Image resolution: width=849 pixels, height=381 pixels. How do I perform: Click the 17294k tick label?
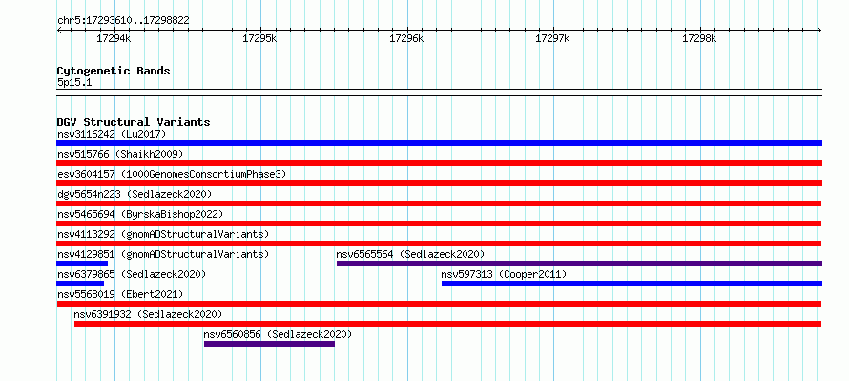114,38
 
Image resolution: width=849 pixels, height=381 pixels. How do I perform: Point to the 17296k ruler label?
406,38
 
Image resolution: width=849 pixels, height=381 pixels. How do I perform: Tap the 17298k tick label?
699,38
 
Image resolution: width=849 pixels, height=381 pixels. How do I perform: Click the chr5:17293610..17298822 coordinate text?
123,21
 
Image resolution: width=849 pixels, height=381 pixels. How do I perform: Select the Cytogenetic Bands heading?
114,71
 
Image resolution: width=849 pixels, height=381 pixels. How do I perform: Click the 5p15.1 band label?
73,83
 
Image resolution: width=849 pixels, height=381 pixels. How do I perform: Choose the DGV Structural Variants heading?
134,122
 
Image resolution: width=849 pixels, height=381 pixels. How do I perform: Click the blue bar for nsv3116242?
439,143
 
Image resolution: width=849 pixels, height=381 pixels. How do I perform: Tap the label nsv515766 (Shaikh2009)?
120,154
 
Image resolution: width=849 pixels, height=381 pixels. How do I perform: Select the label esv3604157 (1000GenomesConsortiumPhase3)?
172,174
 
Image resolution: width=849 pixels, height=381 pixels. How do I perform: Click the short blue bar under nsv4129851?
82,264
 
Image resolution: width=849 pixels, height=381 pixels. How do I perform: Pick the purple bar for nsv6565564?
579,264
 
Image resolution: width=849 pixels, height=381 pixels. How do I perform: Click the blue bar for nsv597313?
632,284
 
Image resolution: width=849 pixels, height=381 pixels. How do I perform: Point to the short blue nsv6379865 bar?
80,284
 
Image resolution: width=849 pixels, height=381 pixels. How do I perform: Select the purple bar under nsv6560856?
269,344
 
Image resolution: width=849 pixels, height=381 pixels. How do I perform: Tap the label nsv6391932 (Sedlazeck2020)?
149,314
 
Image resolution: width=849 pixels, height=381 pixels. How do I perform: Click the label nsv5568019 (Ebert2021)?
120,294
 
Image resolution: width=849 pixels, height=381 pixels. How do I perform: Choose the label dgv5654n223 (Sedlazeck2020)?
135,194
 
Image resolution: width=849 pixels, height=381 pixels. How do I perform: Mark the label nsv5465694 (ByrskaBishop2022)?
140,214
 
